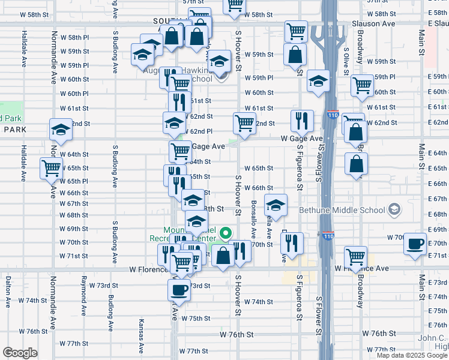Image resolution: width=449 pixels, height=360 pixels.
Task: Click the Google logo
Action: [x=21, y=353]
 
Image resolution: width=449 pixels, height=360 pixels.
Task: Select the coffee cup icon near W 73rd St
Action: [x=179, y=290]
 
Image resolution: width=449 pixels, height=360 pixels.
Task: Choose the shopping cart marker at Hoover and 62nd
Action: [x=245, y=123]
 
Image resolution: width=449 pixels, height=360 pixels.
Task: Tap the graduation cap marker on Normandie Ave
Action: [x=60, y=130]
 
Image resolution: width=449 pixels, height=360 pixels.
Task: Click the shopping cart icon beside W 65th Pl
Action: [x=51, y=168]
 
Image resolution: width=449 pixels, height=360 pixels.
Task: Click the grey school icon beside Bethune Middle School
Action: [x=394, y=209]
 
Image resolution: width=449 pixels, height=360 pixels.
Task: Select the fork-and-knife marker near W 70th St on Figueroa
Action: [x=292, y=243]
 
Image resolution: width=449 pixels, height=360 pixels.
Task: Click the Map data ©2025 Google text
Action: [x=412, y=355]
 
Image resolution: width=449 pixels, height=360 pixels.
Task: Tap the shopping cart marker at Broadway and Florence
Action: [x=355, y=257]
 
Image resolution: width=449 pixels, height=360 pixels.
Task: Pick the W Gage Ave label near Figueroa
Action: [x=302, y=139]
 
